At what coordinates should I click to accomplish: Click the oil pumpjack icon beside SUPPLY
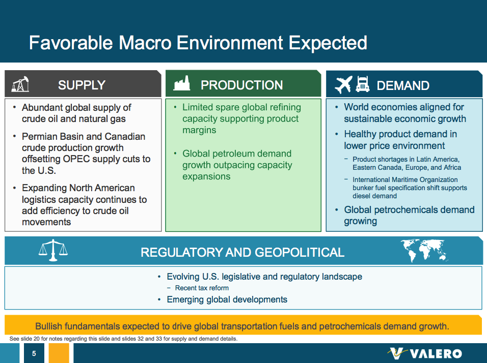[x=20, y=84]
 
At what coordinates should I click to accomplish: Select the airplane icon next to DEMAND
[x=343, y=84]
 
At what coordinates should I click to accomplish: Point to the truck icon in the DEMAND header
[x=363, y=84]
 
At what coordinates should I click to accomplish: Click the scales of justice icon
[x=53, y=250]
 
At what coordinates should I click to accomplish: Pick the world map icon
[x=424, y=250]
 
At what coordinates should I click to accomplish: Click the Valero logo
[x=424, y=353]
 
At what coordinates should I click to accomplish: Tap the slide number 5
[x=34, y=353]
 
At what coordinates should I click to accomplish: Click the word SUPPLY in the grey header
[x=82, y=85]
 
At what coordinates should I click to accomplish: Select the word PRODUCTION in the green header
[x=241, y=85]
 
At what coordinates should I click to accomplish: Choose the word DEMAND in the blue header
[x=403, y=85]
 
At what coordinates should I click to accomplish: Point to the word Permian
[x=38, y=136]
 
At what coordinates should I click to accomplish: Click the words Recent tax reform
[x=202, y=288]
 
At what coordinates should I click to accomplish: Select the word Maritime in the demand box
[x=409, y=180]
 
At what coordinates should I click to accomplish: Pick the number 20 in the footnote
[x=36, y=339]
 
